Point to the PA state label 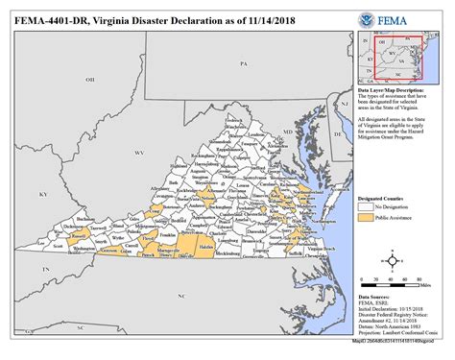coord(244,63)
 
